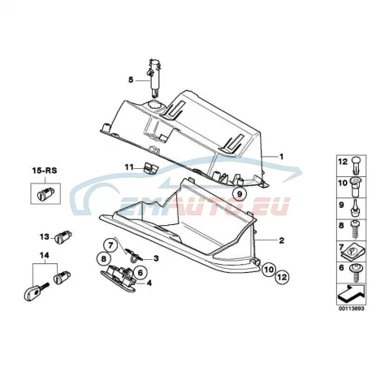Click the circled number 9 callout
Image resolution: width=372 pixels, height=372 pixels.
coord(239,194)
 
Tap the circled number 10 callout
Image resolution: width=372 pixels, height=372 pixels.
coord(268,270)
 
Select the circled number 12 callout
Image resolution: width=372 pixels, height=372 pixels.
coord(282,277)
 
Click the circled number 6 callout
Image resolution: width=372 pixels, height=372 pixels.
coord(140,273)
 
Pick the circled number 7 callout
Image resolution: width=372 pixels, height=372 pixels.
coord(110,245)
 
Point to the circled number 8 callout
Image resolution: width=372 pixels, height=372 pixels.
coord(104,259)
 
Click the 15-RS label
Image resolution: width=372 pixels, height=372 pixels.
coord(45,171)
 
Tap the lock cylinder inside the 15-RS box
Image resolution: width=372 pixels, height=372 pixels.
coord(45,194)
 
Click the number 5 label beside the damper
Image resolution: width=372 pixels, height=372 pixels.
coord(131,80)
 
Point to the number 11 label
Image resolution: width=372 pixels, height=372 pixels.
coord(129,167)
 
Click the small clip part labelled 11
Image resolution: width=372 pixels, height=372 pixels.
coord(150,168)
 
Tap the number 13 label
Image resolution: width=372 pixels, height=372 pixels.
coord(45,237)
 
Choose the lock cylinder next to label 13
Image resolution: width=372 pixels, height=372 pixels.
coord(63,237)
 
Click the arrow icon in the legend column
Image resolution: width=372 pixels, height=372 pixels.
coord(351,295)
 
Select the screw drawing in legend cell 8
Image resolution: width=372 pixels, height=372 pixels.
coord(354,230)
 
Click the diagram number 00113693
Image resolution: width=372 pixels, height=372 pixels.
coord(351,309)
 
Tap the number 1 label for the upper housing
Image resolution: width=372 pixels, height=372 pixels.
coord(282,157)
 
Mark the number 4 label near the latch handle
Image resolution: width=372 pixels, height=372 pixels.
coord(149,283)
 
